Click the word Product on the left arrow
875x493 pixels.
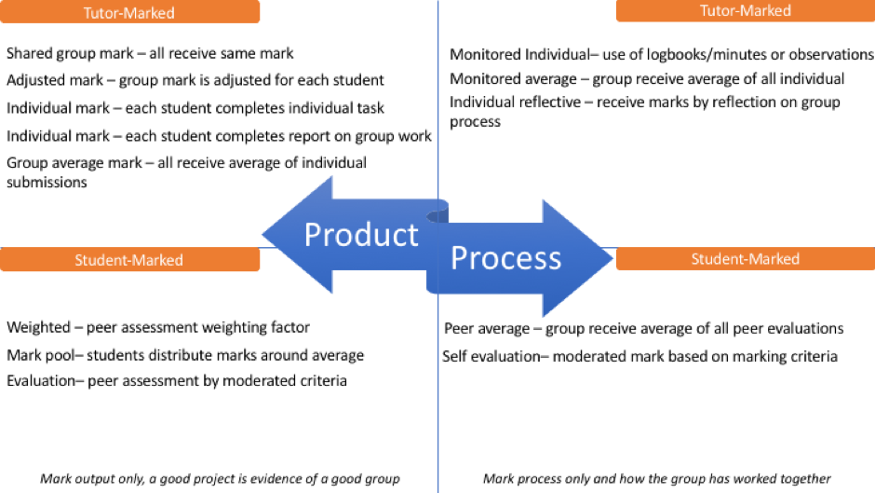[361, 234]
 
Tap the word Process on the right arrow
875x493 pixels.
[505, 257]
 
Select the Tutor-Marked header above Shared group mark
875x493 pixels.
[129, 13]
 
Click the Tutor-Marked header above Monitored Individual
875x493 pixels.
[745, 10]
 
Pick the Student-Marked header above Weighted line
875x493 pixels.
[129, 260]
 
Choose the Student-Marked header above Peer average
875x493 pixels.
[745, 259]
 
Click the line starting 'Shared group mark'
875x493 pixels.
[150, 54]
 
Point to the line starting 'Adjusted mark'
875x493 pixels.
[195, 80]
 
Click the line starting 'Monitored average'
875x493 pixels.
[647, 78]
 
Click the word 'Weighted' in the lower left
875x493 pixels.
[37, 327]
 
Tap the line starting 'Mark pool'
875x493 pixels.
[185, 354]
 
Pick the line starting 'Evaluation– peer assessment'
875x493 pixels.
[177, 380]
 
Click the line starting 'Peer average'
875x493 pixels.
[643, 328]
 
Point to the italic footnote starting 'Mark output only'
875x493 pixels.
[220, 478]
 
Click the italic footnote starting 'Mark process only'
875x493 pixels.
[656, 478]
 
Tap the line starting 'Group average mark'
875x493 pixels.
[186, 163]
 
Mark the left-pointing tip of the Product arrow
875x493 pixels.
[263, 233]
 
